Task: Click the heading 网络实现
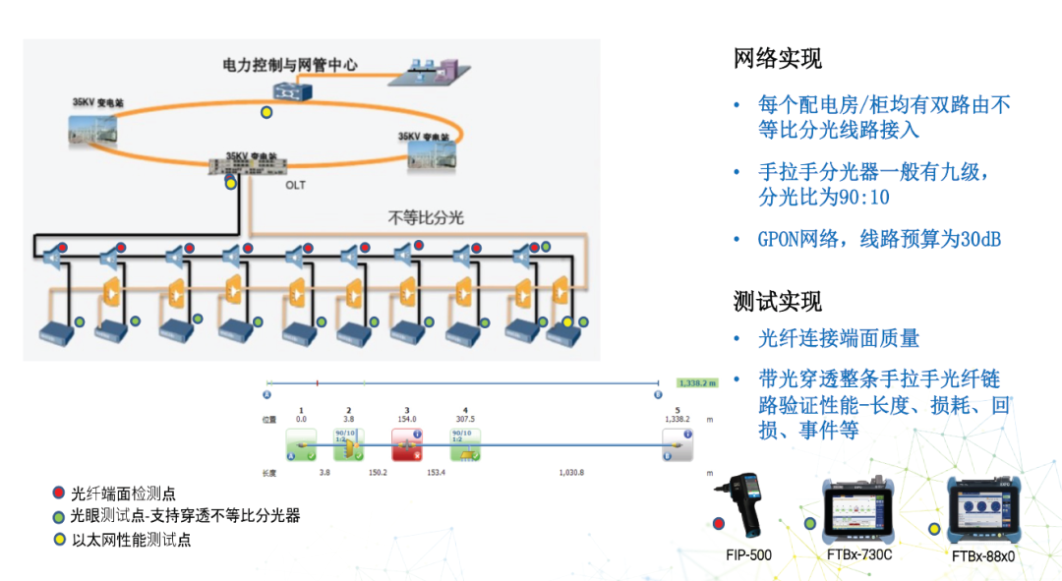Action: tap(777, 59)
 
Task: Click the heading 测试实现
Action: tap(777, 301)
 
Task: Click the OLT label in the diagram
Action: tap(296, 184)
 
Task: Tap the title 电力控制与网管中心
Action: tap(289, 66)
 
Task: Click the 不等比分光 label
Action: tap(425, 217)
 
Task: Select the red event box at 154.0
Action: tap(407, 445)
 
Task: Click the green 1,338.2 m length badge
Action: tap(696, 382)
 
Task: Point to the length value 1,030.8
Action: tap(570, 473)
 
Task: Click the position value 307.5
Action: tap(465, 419)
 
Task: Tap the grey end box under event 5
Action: tap(677, 445)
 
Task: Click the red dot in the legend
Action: tap(60, 493)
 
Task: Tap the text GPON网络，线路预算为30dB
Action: tap(878, 239)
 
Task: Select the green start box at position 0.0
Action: tap(301, 445)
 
